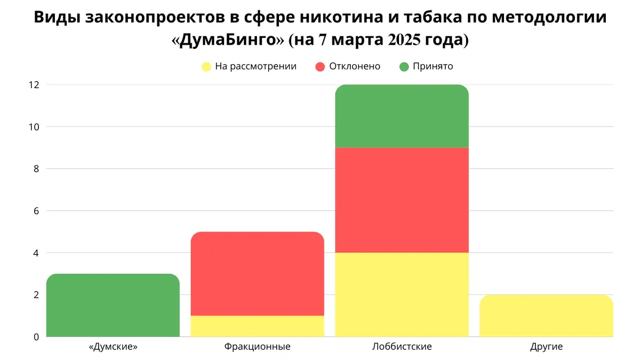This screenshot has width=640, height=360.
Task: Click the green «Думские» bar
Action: pos(113,305)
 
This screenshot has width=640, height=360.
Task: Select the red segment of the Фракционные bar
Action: pos(258,274)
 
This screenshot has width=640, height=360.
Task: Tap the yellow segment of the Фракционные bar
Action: pos(258,326)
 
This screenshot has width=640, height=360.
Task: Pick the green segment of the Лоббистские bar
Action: pos(402,116)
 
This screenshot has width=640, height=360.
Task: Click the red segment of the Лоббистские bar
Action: pos(402,200)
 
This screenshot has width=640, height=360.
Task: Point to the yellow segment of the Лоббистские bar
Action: pos(402,294)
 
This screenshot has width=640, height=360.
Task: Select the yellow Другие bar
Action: pos(546,315)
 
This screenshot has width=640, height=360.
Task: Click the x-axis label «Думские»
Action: pos(113,347)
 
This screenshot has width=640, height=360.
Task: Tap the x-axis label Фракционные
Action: pos(258,347)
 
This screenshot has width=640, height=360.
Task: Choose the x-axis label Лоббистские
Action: pos(402,347)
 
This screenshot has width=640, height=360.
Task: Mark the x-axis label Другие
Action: pos(546,347)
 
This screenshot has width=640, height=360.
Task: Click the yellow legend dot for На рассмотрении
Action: pos(205,67)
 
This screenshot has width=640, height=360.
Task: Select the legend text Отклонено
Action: pos(355,67)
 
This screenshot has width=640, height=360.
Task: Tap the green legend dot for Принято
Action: pos(404,67)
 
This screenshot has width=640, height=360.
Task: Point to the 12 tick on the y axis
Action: pos(35,85)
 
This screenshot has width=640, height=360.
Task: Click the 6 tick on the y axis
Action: pos(37,211)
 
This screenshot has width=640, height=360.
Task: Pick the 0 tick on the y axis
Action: pos(37,337)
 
